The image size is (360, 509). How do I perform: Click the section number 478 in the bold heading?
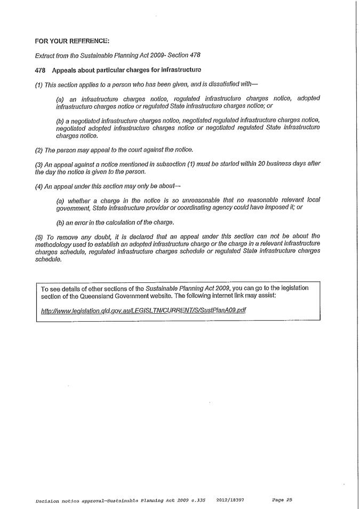(x=40, y=70)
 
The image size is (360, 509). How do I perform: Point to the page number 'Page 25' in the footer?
(x=282, y=500)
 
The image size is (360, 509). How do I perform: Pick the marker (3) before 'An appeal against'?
(x=39, y=163)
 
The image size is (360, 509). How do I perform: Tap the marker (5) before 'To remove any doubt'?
(x=39, y=235)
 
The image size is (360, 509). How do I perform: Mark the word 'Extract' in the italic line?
(x=45, y=55)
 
